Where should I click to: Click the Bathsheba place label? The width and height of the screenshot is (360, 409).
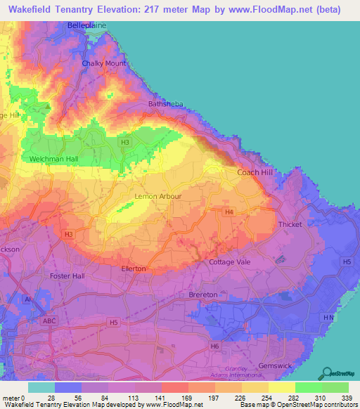(165, 104)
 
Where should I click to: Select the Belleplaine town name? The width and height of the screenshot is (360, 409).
(86, 25)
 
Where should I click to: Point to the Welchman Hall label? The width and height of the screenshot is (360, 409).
(53, 160)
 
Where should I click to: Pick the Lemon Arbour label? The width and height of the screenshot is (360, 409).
(158, 197)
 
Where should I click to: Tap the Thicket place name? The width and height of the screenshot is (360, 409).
(290, 224)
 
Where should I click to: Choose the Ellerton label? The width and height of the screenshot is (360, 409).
(134, 269)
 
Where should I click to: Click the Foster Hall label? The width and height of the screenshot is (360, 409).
(67, 276)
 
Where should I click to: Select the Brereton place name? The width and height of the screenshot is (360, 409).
(204, 295)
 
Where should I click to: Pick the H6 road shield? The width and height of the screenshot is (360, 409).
(214, 346)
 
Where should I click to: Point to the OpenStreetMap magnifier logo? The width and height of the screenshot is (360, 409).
(328, 373)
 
